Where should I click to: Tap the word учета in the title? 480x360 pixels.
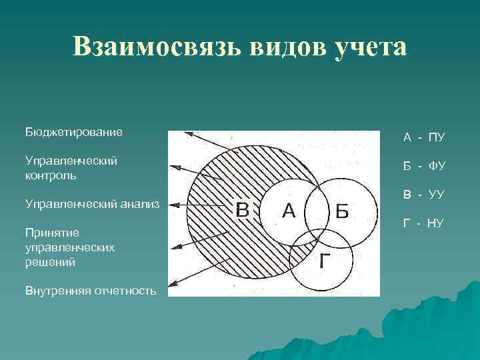(373, 47)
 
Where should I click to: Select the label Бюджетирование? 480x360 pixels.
(73, 132)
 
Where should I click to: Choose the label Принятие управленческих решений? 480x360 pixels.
(69, 247)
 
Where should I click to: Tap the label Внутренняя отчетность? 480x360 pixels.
(90, 291)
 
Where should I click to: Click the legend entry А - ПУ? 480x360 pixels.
(423, 138)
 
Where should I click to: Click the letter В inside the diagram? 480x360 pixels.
(243, 210)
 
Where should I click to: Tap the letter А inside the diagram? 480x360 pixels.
(289, 210)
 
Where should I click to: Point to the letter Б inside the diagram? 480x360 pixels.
(341, 211)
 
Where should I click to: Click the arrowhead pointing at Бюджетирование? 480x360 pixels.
(189, 133)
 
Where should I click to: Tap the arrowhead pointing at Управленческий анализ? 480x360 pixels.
(172, 205)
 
